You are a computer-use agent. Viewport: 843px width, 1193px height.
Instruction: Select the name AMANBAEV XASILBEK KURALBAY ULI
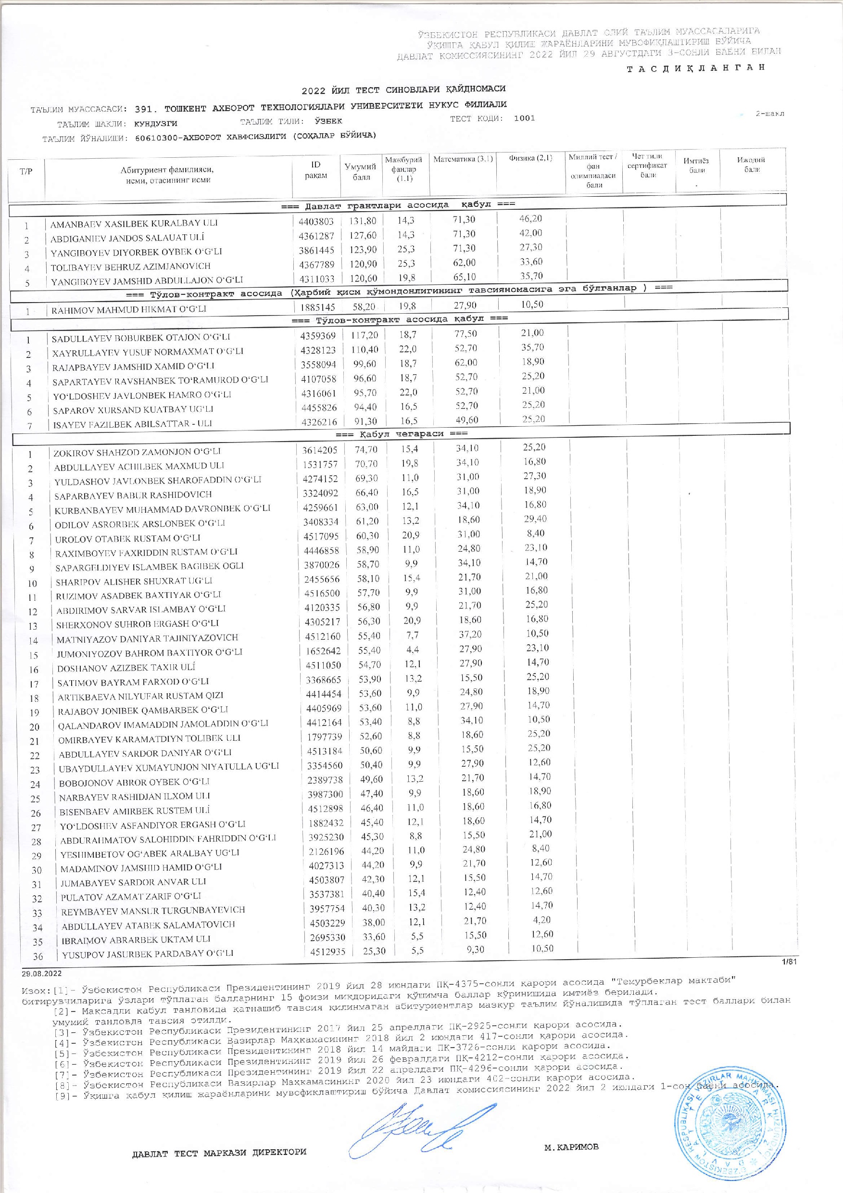(x=134, y=223)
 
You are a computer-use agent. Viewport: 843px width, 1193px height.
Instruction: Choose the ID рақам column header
(x=316, y=170)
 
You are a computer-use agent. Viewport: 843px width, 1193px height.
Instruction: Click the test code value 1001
(x=524, y=118)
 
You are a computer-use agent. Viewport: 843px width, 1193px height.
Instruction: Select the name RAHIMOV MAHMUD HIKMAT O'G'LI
(x=129, y=309)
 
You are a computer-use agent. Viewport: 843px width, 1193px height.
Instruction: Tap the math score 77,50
(x=466, y=333)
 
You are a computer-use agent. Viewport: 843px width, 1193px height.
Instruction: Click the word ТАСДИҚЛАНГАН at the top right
(x=696, y=67)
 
